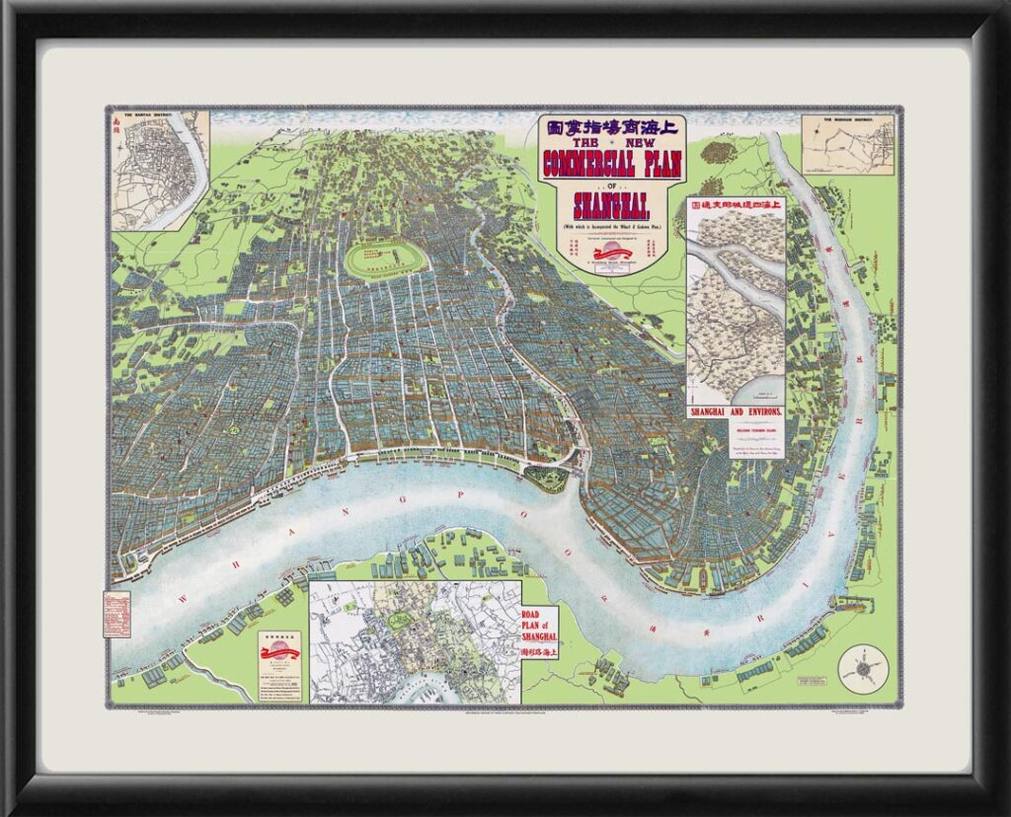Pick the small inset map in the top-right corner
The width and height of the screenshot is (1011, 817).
pos(847,145)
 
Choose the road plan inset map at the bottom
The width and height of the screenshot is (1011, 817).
pos(415,641)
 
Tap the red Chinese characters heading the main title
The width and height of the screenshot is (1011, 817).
pos(612,127)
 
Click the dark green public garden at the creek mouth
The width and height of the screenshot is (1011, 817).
pos(547,479)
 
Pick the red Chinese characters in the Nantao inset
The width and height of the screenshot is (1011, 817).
pos(117,125)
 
